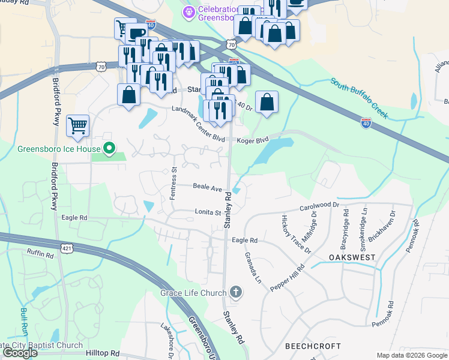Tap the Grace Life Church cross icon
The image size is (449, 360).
click(x=236, y=293)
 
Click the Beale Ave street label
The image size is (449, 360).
click(x=208, y=187)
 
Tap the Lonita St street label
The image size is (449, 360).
click(x=208, y=212)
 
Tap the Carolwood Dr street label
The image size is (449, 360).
click(x=319, y=208)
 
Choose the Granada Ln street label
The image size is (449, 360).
click(x=253, y=268)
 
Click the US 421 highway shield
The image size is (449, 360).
click(x=66, y=247)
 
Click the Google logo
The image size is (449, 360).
click(x=20, y=353)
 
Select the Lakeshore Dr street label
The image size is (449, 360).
click(x=167, y=340)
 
